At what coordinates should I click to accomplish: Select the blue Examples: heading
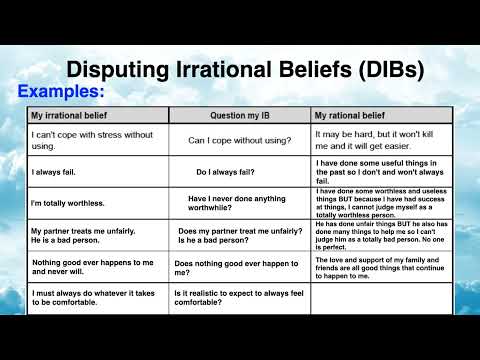tap(61, 92)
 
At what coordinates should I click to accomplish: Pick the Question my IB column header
tap(240, 116)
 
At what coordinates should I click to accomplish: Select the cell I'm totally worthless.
tap(68, 203)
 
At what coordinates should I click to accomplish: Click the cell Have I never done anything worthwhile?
tap(239, 203)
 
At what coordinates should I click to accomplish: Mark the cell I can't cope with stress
tap(85, 140)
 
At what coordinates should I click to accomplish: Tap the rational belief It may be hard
tap(379, 140)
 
